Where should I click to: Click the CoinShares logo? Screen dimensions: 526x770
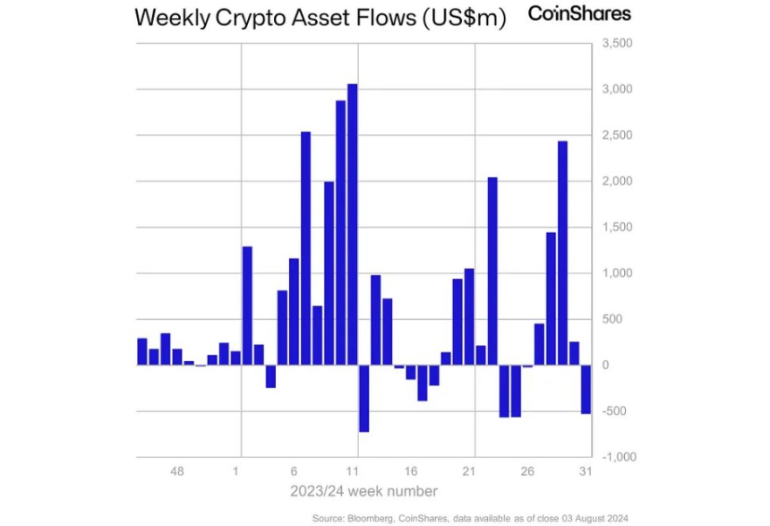click(579, 13)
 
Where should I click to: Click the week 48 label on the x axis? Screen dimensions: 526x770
click(177, 471)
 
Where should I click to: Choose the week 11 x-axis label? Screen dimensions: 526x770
click(353, 471)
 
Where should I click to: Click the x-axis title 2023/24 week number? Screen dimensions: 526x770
click(364, 491)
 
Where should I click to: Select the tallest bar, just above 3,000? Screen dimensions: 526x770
click(353, 224)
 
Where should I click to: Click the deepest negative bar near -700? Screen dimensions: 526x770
click(364, 398)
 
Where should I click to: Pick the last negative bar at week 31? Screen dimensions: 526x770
click(586, 389)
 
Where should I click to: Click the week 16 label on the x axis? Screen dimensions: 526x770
click(411, 471)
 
